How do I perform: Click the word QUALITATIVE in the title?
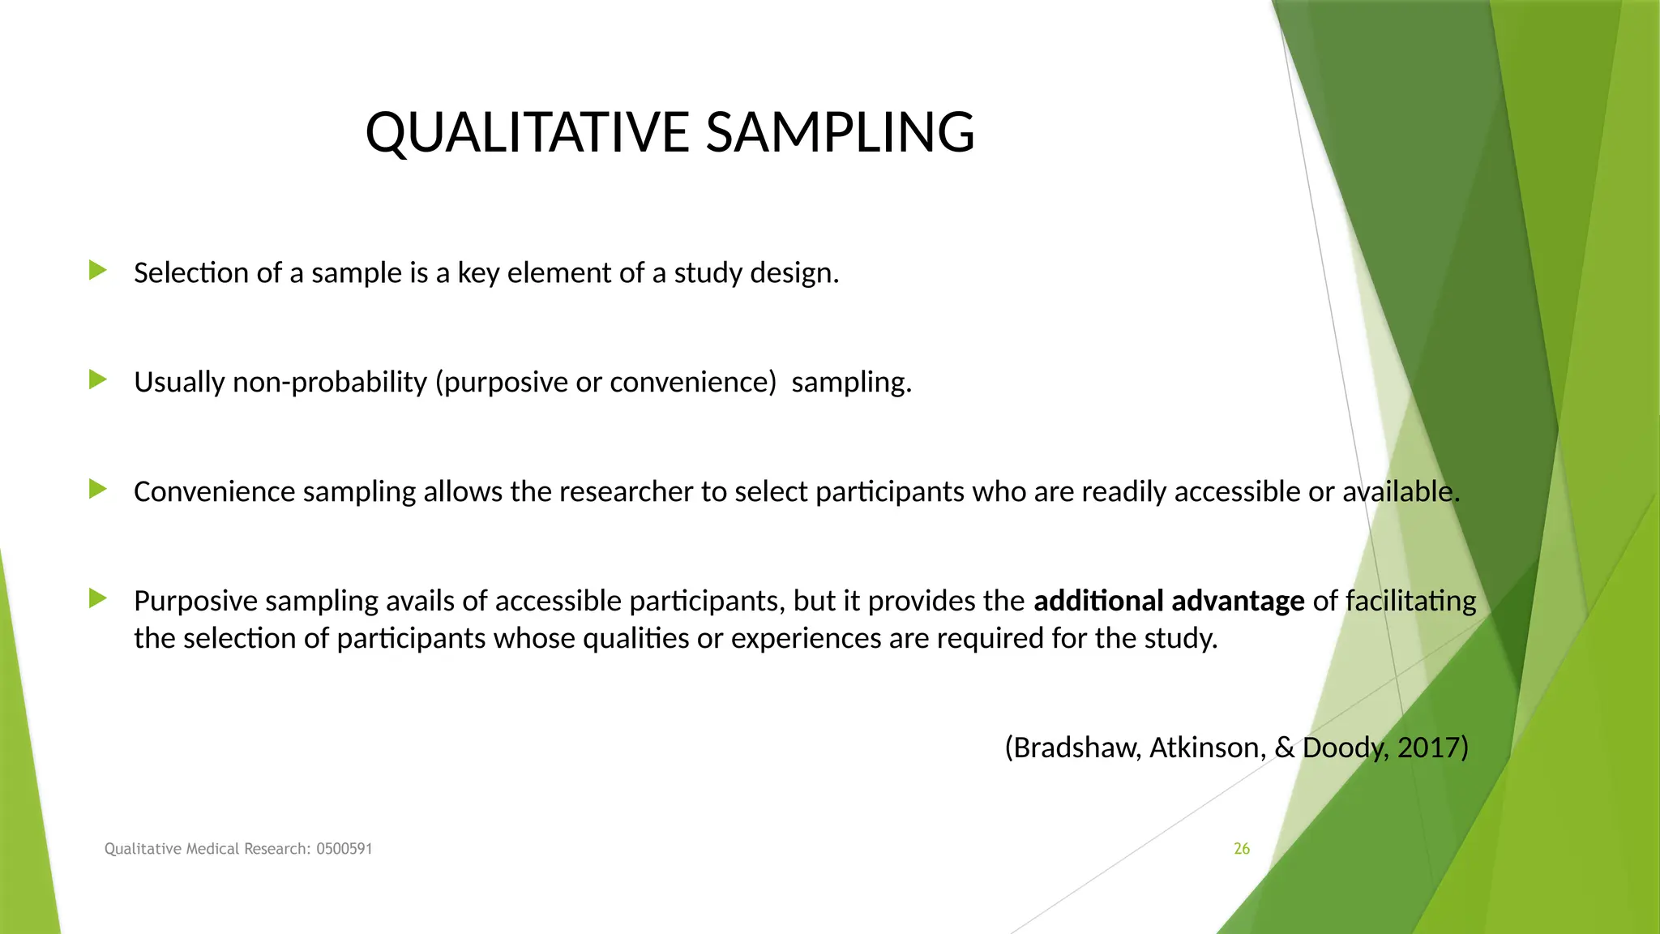pos(527,132)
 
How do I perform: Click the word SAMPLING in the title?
pos(840,132)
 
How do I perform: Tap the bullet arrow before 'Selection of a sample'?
pos(98,271)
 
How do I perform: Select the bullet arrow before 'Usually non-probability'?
pos(98,379)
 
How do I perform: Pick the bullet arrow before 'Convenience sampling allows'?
pos(98,489)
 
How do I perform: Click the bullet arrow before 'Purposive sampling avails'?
pos(98,599)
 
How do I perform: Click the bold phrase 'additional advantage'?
pos(1169,601)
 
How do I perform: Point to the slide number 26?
pos(1241,849)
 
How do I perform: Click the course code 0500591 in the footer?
pos(344,849)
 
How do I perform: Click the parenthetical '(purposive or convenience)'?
pos(606,382)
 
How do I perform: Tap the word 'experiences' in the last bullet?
pos(806,639)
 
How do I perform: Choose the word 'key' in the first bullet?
pos(478,273)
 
